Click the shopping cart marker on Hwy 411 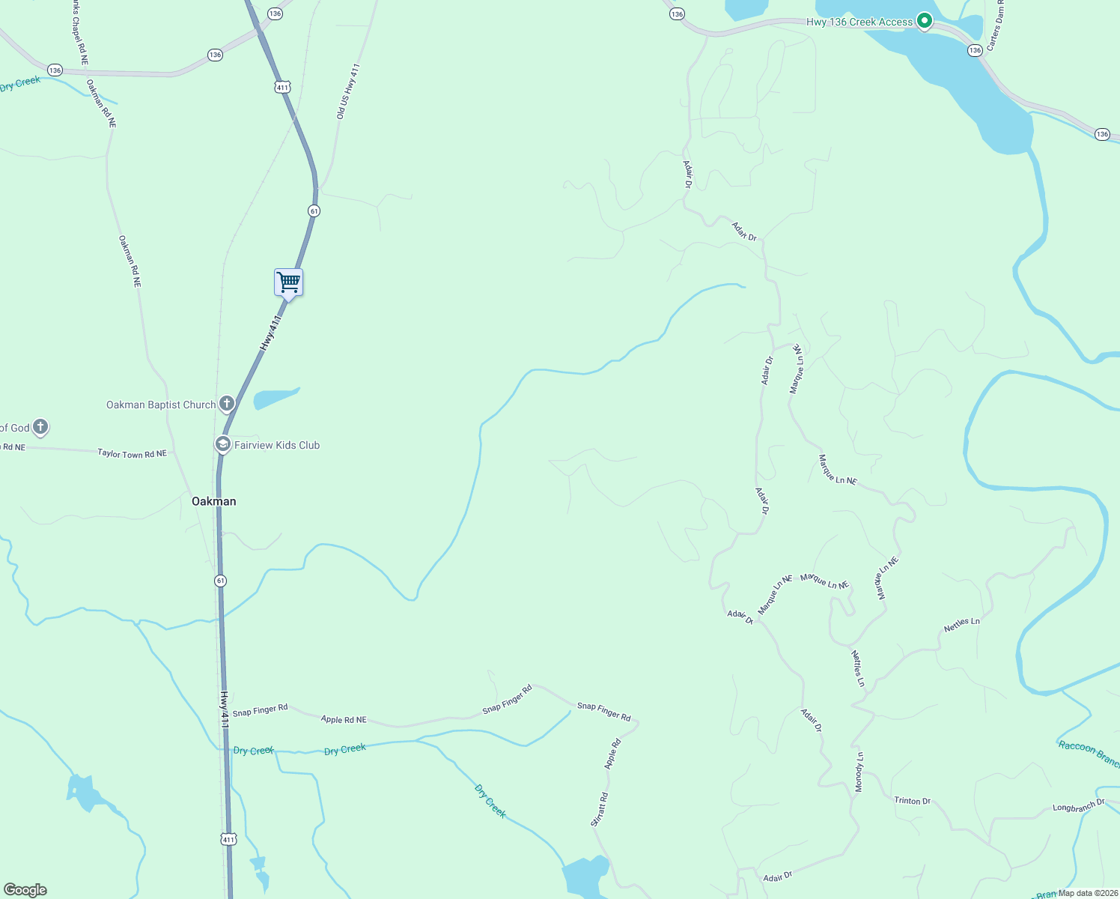click(288, 283)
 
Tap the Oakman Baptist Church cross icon click(226, 404)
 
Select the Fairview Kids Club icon click(222, 444)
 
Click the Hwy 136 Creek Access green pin click(925, 21)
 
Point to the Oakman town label click(214, 501)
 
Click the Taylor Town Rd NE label click(132, 453)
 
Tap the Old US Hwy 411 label click(348, 91)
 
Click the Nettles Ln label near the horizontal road click(961, 624)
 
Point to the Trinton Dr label click(912, 800)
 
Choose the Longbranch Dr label click(1078, 807)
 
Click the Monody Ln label click(859, 771)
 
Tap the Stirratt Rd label click(600, 809)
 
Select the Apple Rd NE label click(344, 719)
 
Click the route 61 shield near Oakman click(220, 581)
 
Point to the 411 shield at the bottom click(229, 839)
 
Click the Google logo click(25, 890)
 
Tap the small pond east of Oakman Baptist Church click(276, 398)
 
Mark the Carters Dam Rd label click(994, 26)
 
